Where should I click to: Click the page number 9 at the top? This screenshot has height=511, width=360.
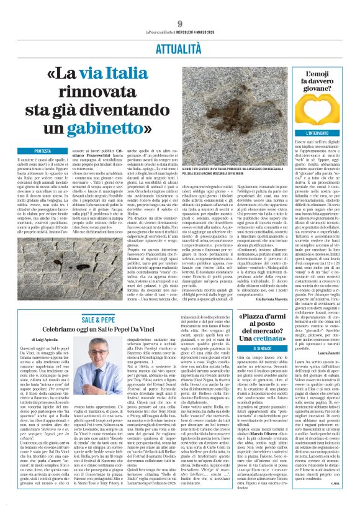click(x=179, y=7)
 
